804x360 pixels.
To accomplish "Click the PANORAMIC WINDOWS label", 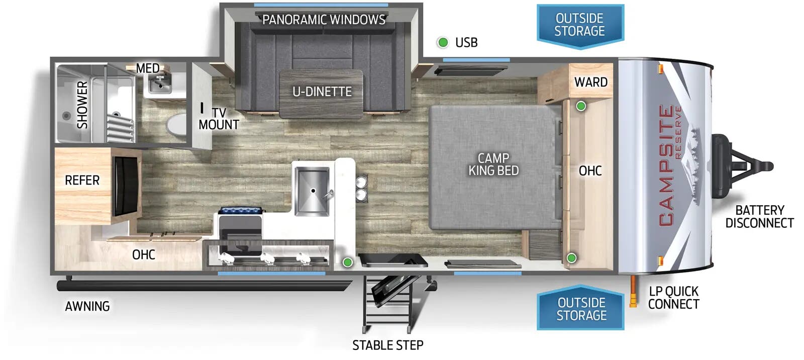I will pos(324,20).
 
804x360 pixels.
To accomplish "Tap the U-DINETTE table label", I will pos(322,92).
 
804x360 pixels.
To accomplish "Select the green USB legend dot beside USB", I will pos(443,42).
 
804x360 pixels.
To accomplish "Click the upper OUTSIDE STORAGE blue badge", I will pos(580,25).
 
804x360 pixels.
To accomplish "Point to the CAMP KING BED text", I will pos(493,164).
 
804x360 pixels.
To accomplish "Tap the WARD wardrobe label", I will pos(591,82).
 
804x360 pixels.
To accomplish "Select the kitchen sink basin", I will pos(312,190).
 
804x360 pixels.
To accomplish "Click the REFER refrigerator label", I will pos(82,180).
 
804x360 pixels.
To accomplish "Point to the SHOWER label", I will pos(82,105).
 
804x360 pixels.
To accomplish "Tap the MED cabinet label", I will pos(148,68).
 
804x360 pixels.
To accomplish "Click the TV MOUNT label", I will pos(219,119).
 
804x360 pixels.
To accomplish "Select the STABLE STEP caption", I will pos(387,345).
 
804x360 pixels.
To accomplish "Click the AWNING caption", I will pos(87,306).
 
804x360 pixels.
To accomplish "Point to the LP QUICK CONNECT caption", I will pos(673,298).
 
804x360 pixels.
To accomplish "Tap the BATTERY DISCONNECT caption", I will pos(759,216).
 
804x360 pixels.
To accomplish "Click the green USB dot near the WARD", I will pos(581,106).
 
